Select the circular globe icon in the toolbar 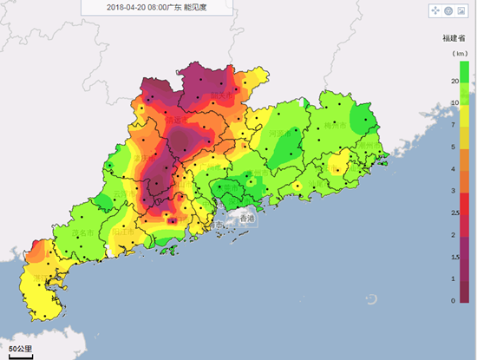[448, 10]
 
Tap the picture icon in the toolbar [461, 10]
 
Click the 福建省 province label [454, 38]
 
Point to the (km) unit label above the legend [454, 54]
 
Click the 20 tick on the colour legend [454, 81]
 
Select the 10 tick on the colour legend [454, 102]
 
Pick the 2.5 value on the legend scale [454, 213]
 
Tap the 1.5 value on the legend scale [454, 257]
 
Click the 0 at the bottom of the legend [454, 301]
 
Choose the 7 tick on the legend [454, 125]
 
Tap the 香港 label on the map [248, 219]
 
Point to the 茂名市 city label [82, 232]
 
